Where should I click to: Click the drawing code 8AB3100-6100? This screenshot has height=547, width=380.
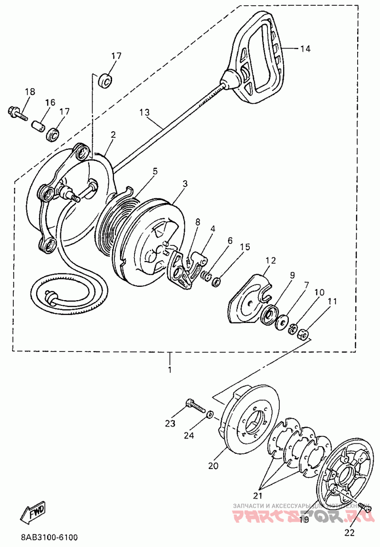point(49,537)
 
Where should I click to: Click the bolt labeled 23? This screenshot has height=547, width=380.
point(195,405)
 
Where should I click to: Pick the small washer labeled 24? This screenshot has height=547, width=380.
point(210,415)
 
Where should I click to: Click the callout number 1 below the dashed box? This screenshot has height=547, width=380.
point(170,369)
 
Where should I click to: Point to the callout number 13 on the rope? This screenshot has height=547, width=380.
point(144,113)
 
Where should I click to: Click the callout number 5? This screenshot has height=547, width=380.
point(154,170)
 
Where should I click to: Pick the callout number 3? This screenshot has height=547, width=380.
point(185,183)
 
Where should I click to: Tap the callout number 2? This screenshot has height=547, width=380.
point(113,135)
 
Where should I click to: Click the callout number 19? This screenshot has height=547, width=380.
point(304,519)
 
